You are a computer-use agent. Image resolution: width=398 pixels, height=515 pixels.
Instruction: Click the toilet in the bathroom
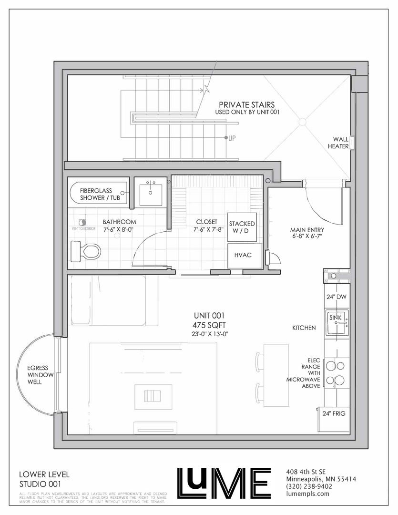(86, 251)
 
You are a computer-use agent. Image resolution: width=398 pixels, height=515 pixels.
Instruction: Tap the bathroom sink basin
(151, 195)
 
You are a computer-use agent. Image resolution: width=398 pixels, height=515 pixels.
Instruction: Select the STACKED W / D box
(242, 227)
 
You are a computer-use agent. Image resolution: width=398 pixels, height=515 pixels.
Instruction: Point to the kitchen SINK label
(335, 318)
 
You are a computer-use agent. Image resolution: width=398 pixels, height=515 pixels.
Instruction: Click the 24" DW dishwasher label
(336, 297)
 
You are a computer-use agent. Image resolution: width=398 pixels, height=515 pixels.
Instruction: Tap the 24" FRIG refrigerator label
(334, 413)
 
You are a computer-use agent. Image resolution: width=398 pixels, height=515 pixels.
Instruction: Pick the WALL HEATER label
(338, 143)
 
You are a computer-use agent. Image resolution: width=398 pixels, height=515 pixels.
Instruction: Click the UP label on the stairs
(232, 138)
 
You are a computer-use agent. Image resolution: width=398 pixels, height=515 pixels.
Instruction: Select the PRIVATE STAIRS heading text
(246, 105)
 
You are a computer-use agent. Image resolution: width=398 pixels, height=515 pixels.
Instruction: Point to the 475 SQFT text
(210, 325)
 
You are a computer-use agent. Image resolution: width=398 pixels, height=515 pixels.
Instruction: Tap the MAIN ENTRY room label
(307, 230)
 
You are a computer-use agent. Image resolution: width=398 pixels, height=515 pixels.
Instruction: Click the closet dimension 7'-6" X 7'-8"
(208, 229)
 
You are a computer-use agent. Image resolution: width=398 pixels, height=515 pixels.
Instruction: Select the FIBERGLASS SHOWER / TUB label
(100, 194)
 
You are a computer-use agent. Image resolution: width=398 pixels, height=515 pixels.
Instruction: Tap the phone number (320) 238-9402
(309, 486)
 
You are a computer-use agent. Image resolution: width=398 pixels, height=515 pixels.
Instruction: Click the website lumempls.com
(307, 494)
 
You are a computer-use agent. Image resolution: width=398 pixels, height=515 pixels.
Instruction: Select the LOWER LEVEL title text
(44, 474)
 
